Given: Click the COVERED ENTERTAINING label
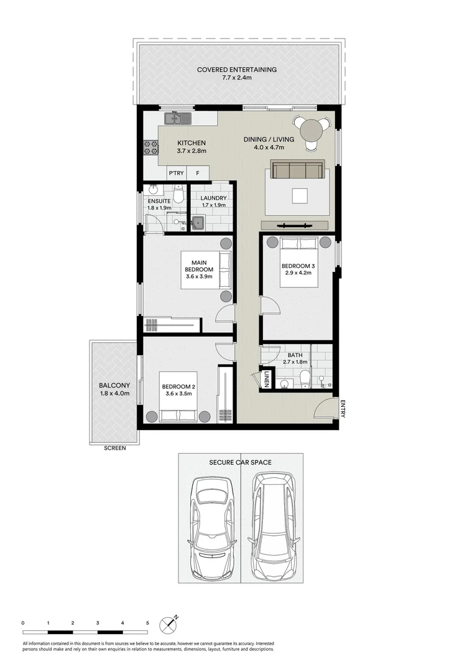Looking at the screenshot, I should [x=236, y=70].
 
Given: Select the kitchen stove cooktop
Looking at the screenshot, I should [x=150, y=147].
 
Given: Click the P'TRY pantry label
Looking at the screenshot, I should [x=176, y=173].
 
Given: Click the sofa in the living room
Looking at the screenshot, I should [x=297, y=169].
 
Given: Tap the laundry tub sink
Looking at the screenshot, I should [x=198, y=222].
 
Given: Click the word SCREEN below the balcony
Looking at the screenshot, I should [x=114, y=448].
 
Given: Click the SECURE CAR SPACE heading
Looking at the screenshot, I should [x=240, y=462].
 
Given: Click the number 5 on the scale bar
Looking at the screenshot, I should [x=147, y=623].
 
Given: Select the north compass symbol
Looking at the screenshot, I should [x=169, y=624].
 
